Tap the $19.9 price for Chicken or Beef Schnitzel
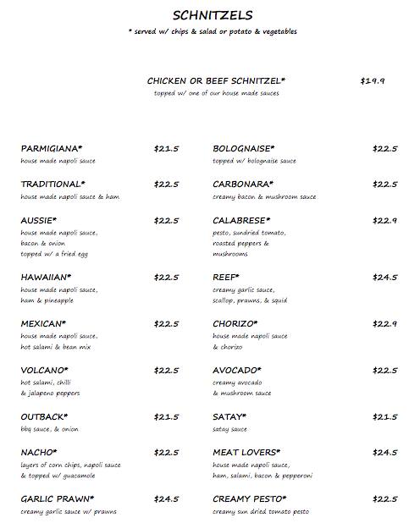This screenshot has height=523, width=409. tap(373, 81)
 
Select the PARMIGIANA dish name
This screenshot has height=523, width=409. tap(52, 149)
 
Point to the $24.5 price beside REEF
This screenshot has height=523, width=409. tap(384, 277)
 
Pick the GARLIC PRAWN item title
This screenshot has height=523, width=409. tap(57, 499)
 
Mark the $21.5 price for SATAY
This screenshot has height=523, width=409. tap(384, 417)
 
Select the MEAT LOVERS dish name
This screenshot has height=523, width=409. tap(246, 452)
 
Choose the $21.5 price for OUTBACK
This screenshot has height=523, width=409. tap(166, 417)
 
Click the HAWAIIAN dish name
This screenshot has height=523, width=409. tap(46, 277)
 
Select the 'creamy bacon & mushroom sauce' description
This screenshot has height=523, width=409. tap(264, 196)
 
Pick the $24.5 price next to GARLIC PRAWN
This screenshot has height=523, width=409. tap(166, 499)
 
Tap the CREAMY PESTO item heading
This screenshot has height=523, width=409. tap(250, 499)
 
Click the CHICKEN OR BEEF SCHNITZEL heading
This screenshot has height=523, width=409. tap(217, 81)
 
